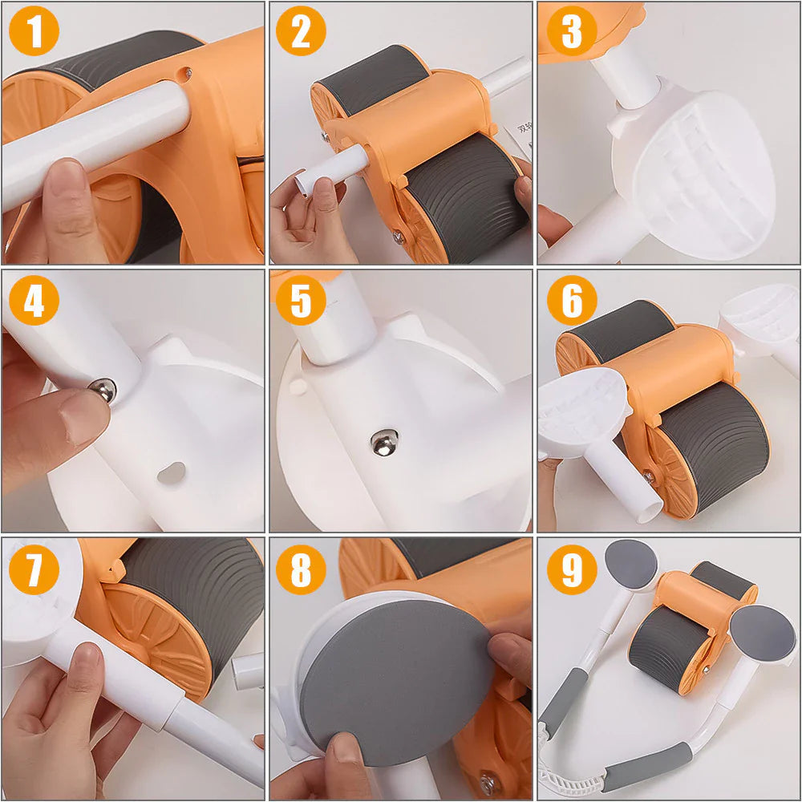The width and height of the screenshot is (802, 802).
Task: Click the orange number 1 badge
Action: tap(34, 32)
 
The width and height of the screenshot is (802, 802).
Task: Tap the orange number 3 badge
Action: tap(572, 32)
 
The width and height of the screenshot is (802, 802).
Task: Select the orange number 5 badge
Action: tap(301, 301)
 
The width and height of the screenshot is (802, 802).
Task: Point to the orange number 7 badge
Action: tap(34, 570)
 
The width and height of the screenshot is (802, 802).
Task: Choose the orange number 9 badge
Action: tap(572, 570)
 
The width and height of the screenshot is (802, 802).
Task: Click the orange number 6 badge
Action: tap(572, 301)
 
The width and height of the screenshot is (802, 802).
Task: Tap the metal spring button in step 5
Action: tap(383, 442)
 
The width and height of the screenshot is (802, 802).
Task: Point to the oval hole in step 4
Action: tap(171, 473)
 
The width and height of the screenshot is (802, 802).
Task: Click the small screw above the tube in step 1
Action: tap(186, 73)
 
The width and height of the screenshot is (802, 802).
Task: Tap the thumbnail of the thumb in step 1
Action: tap(66, 180)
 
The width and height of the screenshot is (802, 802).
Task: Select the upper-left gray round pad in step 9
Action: tap(631, 564)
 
